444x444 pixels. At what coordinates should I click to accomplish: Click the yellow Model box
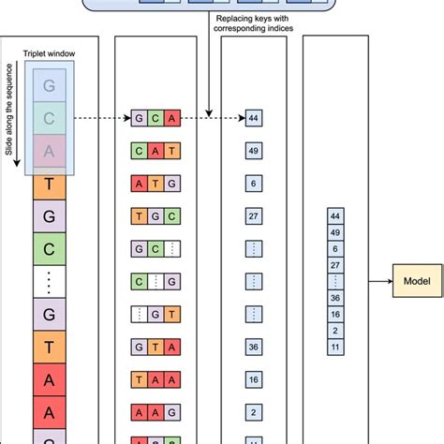pos(418,280)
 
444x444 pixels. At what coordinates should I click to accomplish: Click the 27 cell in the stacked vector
pos(335,265)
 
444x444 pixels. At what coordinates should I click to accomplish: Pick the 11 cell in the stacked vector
pos(335,346)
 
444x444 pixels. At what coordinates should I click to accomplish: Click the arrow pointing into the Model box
pos(377,280)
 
